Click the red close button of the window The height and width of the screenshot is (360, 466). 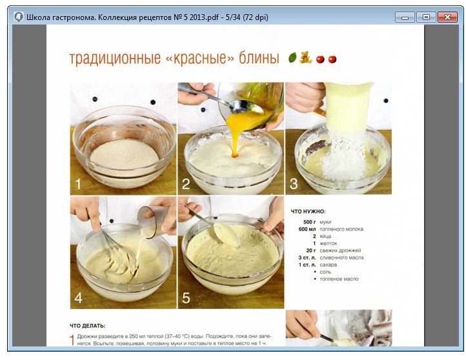click(447, 17)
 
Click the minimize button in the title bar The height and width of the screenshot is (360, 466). click(405, 17)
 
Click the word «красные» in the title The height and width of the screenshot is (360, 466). click(199, 57)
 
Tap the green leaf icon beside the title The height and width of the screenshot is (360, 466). click(292, 57)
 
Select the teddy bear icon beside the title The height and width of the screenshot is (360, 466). click(305, 57)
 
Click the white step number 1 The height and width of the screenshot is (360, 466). click(78, 184)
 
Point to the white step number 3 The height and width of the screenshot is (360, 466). click(294, 184)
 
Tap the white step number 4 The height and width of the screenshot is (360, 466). click(79, 297)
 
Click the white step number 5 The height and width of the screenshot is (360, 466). click(186, 297)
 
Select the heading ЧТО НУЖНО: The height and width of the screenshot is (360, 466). click(308, 212)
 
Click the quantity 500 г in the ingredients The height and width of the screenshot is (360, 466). click(309, 222)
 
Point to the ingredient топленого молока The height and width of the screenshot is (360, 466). click(341, 229)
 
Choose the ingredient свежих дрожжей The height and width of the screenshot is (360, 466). click(340, 250)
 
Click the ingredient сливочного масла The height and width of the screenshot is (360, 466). click(341, 257)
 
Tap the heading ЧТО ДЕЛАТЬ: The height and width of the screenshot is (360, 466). click(87, 326)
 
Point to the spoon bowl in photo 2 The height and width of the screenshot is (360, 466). click(244, 106)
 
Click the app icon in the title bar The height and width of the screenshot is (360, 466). click(19, 17)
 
